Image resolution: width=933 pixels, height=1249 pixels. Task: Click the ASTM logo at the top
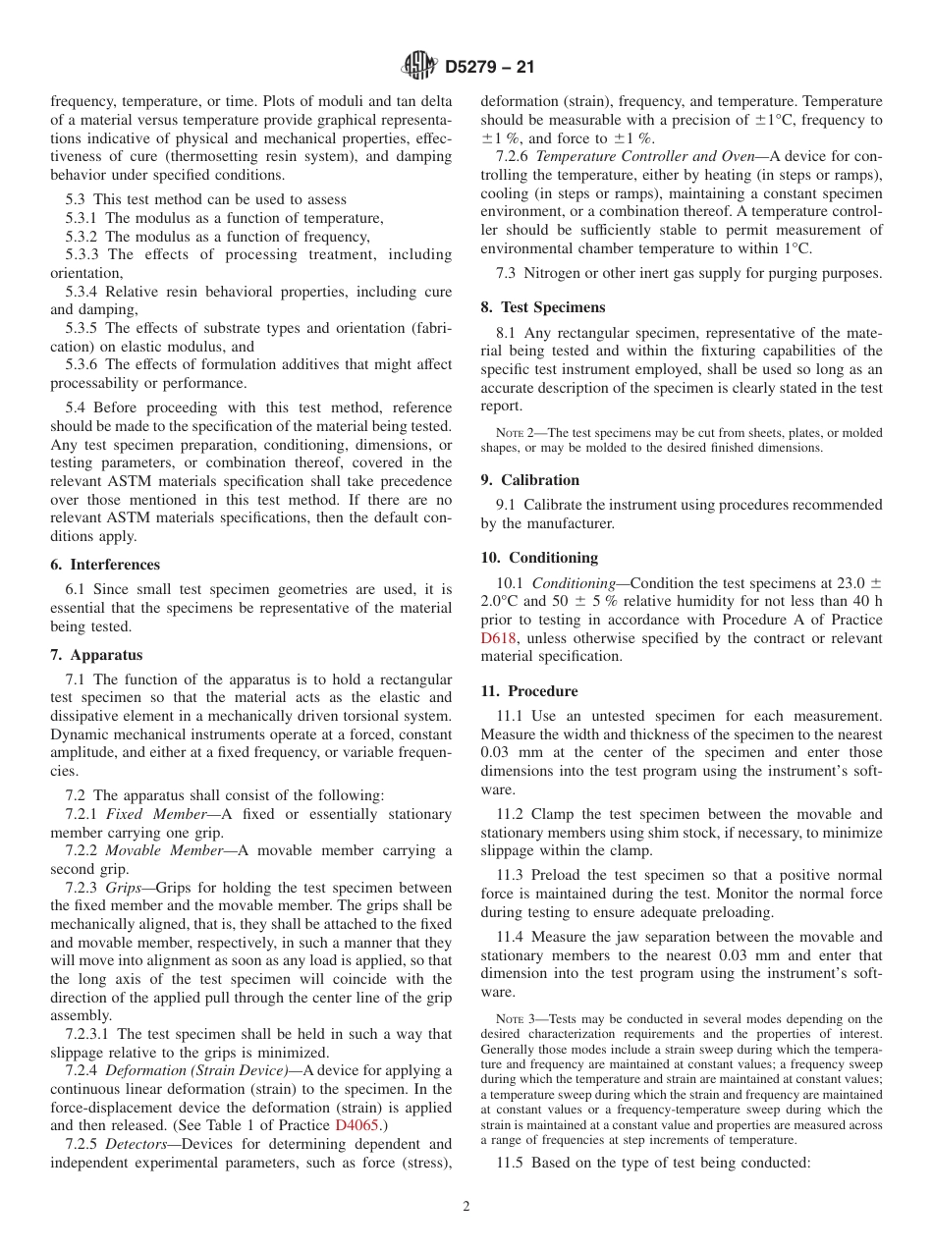coord(418,67)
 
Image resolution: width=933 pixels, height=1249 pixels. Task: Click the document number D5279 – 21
coord(489,68)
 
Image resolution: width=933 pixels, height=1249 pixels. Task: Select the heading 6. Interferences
coord(105,565)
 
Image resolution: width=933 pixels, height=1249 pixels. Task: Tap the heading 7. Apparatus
coord(96,655)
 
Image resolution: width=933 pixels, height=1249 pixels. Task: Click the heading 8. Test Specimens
coord(543,307)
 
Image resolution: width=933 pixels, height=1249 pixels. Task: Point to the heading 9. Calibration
coord(530,480)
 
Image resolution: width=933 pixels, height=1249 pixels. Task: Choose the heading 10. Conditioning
coord(539,558)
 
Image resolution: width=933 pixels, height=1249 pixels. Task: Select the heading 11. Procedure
coord(529,691)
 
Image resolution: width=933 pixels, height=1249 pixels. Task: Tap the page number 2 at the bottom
coord(466,1207)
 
